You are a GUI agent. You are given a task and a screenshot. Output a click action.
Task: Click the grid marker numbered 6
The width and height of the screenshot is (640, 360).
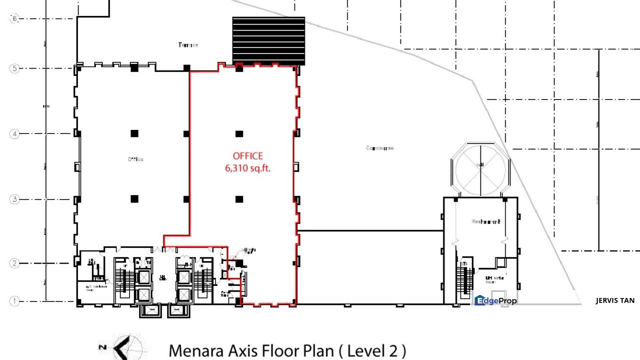pyautogui.click(x=14, y=18)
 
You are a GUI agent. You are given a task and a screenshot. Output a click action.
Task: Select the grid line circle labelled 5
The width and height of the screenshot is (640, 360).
pyautogui.click(x=14, y=68)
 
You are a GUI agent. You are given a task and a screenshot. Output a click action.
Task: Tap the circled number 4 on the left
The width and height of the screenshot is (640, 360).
pyautogui.click(x=14, y=134)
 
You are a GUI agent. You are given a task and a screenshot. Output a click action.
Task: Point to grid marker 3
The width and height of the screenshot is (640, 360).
pyautogui.click(x=14, y=199)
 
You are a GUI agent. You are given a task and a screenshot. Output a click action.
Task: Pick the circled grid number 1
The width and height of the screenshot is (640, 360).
pyautogui.click(x=14, y=301)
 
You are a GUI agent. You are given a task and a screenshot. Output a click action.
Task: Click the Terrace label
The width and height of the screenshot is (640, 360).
pyautogui.click(x=188, y=45)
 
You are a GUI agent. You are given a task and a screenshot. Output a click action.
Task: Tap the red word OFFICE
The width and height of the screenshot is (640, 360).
pyautogui.click(x=247, y=156)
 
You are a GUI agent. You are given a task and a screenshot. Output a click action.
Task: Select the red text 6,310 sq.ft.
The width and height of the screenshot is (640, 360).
pyautogui.click(x=247, y=168)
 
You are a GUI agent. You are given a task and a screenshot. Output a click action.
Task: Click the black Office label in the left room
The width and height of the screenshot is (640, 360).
pyautogui.click(x=135, y=159)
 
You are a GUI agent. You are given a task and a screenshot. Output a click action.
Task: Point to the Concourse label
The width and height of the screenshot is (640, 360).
pyautogui.click(x=380, y=148)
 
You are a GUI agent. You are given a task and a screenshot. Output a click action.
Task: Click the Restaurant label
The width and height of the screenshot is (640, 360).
pyautogui.click(x=485, y=221)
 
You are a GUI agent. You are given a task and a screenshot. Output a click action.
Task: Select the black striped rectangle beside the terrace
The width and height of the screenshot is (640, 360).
pyautogui.click(x=268, y=40)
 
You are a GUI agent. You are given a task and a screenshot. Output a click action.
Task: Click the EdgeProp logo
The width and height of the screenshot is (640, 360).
pyautogui.click(x=495, y=300)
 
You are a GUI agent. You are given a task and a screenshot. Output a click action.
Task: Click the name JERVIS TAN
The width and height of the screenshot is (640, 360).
pyautogui.click(x=615, y=300)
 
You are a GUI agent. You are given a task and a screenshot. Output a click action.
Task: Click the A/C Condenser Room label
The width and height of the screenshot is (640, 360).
pyautogui.click(x=90, y=286)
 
